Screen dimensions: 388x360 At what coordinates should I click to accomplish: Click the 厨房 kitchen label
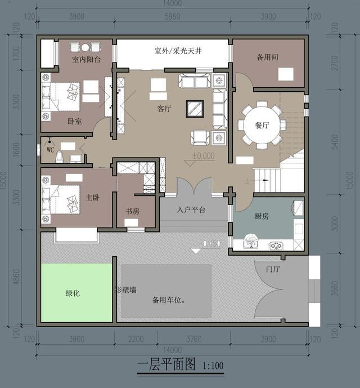pyautogui.click(x=262, y=216)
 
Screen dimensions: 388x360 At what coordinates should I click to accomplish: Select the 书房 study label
pyautogui.click(x=133, y=212)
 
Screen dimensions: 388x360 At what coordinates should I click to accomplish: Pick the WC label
pyautogui.click(x=50, y=150)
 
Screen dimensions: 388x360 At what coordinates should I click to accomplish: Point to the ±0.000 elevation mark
pyautogui.click(x=203, y=155)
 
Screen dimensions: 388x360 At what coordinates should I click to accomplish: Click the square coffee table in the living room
pyautogui.click(x=195, y=107)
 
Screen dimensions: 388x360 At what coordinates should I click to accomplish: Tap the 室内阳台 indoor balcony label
pyautogui.click(x=86, y=59)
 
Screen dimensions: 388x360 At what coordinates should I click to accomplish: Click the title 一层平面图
pyautogui.click(x=166, y=365)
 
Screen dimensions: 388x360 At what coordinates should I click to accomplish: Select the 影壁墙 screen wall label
pyautogui.click(x=125, y=289)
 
